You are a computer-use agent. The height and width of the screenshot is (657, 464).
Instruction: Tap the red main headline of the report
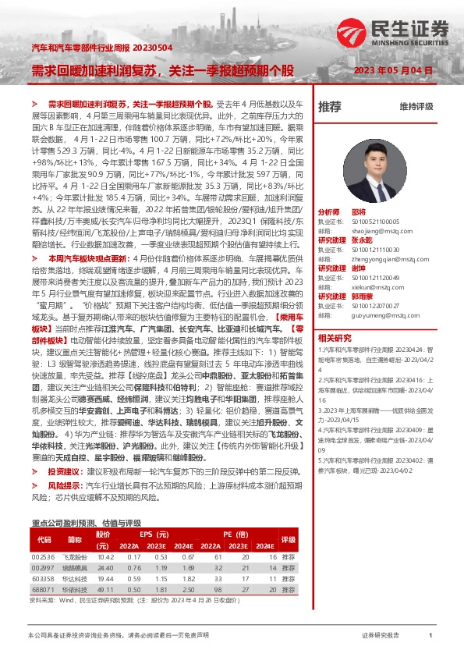point(163,70)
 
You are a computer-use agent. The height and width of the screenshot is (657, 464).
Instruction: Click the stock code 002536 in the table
point(43,558)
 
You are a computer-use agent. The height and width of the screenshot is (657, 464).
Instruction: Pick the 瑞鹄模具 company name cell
point(76,569)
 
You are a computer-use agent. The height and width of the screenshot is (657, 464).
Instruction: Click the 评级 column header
point(289,539)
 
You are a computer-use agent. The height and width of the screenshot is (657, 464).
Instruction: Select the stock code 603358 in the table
point(43,580)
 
